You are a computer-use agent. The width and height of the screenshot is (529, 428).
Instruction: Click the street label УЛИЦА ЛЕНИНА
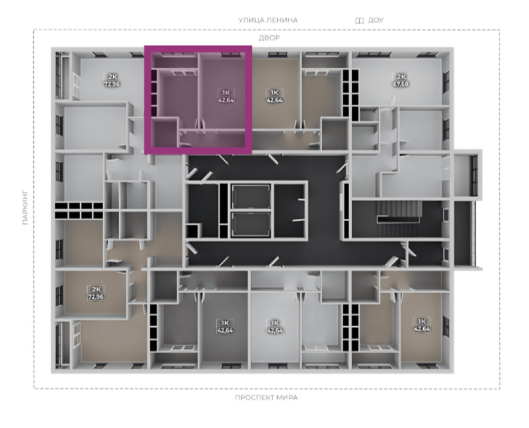(x=268, y=20)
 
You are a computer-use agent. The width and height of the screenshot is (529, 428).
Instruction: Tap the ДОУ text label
(x=376, y=20)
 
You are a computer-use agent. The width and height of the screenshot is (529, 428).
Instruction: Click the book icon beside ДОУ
(x=359, y=21)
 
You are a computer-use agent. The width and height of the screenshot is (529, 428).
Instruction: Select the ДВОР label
(x=269, y=38)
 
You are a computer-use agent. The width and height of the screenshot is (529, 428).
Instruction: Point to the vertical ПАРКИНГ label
(x=25, y=208)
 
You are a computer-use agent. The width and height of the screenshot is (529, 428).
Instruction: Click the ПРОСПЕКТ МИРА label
(x=266, y=398)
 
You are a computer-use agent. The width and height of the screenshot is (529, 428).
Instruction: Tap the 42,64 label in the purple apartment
(x=226, y=100)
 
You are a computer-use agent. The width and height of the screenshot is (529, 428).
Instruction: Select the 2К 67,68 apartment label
(x=400, y=81)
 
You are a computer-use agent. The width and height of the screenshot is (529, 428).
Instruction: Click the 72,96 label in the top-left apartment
(x=112, y=84)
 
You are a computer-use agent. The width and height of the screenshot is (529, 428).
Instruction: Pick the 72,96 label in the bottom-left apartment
(x=96, y=297)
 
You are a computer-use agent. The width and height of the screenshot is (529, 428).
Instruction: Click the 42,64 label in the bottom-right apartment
(x=422, y=329)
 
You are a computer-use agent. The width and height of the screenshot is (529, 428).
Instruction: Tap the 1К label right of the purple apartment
(x=274, y=92)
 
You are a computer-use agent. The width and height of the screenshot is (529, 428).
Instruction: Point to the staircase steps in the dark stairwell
(x=399, y=211)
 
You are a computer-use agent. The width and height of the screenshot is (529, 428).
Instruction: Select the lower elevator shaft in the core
(x=251, y=224)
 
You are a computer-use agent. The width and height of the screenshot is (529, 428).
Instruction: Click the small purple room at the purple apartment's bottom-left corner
(x=163, y=133)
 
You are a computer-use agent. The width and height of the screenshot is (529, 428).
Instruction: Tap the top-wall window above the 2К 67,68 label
(x=424, y=55)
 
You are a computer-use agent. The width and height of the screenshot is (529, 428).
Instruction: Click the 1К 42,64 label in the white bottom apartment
(x=275, y=327)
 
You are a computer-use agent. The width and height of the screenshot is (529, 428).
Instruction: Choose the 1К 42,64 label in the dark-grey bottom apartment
(x=225, y=327)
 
